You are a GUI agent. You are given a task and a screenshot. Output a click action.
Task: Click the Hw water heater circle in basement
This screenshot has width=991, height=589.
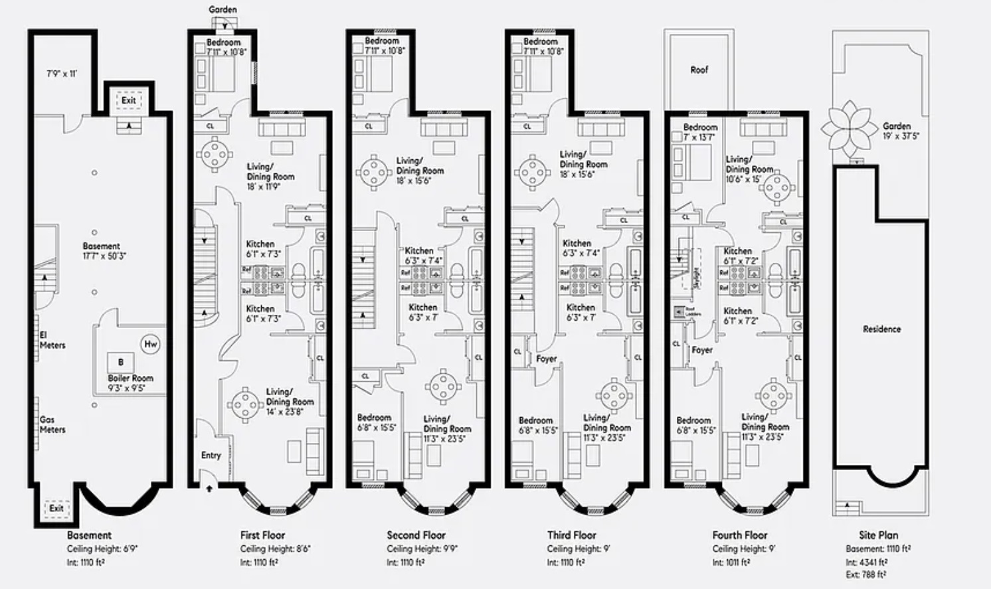click(151, 344)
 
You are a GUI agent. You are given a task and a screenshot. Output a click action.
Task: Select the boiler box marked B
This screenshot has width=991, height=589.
click(121, 363)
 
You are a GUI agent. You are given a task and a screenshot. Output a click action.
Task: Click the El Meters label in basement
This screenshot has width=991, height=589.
click(52, 340)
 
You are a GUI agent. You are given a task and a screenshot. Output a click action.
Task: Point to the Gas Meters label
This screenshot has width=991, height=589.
click(52, 424)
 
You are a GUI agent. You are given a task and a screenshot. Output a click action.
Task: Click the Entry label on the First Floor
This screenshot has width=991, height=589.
click(211, 455)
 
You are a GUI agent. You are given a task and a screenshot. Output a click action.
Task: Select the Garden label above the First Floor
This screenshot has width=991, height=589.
click(223, 10)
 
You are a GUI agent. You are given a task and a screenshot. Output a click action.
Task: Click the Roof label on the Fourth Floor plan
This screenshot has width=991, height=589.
click(699, 70)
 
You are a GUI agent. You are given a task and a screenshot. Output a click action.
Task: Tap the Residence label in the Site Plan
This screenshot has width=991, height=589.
click(881, 329)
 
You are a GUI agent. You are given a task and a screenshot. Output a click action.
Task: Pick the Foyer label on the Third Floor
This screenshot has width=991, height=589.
click(547, 359)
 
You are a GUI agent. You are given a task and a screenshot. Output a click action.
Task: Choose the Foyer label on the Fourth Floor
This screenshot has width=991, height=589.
click(702, 350)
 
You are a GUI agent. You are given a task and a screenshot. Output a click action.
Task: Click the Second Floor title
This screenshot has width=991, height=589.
click(416, 535)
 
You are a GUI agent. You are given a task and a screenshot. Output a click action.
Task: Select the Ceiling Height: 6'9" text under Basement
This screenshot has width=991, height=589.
click(102, 549)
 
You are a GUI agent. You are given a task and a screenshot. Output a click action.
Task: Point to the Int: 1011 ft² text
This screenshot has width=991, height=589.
click(731, 562)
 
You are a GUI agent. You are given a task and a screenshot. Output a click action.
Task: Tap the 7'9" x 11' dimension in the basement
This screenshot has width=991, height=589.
click(61, 74)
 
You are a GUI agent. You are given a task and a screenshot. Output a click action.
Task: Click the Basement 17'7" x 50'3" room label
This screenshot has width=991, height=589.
click(101, 250)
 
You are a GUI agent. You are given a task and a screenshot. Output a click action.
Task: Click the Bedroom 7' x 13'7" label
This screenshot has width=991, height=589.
click(700, 131)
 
